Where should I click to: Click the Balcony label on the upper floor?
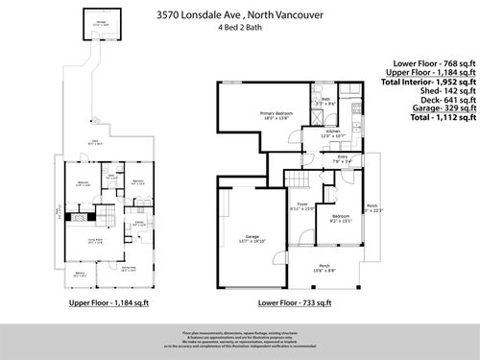80,275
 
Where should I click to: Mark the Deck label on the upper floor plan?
94,145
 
